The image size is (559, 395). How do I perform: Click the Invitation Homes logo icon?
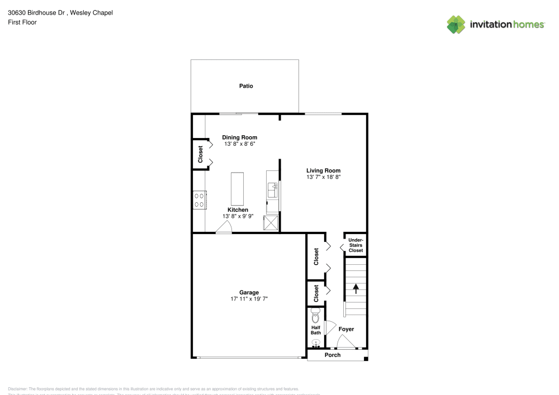point(456,24)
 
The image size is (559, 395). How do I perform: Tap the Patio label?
point(246,86)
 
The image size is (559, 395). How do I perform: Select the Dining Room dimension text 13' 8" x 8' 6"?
point(239,144)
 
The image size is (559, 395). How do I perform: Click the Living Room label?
point(323,170)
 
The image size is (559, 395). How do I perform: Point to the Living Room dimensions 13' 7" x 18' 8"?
point(323,177)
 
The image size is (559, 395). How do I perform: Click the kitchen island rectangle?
point(238,189)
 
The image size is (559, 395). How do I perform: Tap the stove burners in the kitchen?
point(199,199)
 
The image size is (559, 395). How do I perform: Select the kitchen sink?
point(273,191)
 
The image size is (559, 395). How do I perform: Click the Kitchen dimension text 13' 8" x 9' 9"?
point(238,216)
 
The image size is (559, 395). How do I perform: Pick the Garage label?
point(249,292)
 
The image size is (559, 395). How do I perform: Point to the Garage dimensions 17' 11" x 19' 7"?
point(249,299)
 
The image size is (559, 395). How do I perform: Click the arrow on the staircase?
point(356,288)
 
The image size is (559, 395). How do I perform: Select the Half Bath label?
point(316,330)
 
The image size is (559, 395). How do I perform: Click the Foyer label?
point(346,329)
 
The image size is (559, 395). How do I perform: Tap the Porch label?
point(333,355)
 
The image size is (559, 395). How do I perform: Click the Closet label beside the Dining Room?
point(200,154)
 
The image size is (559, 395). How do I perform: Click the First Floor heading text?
point(22,22)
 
